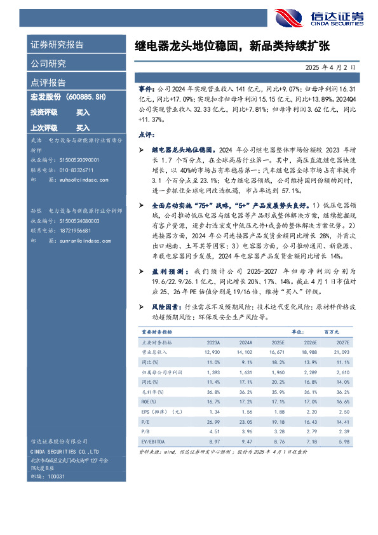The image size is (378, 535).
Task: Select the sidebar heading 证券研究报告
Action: [x=57, y=44]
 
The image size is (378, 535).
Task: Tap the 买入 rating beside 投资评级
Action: [x=83, y=112]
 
